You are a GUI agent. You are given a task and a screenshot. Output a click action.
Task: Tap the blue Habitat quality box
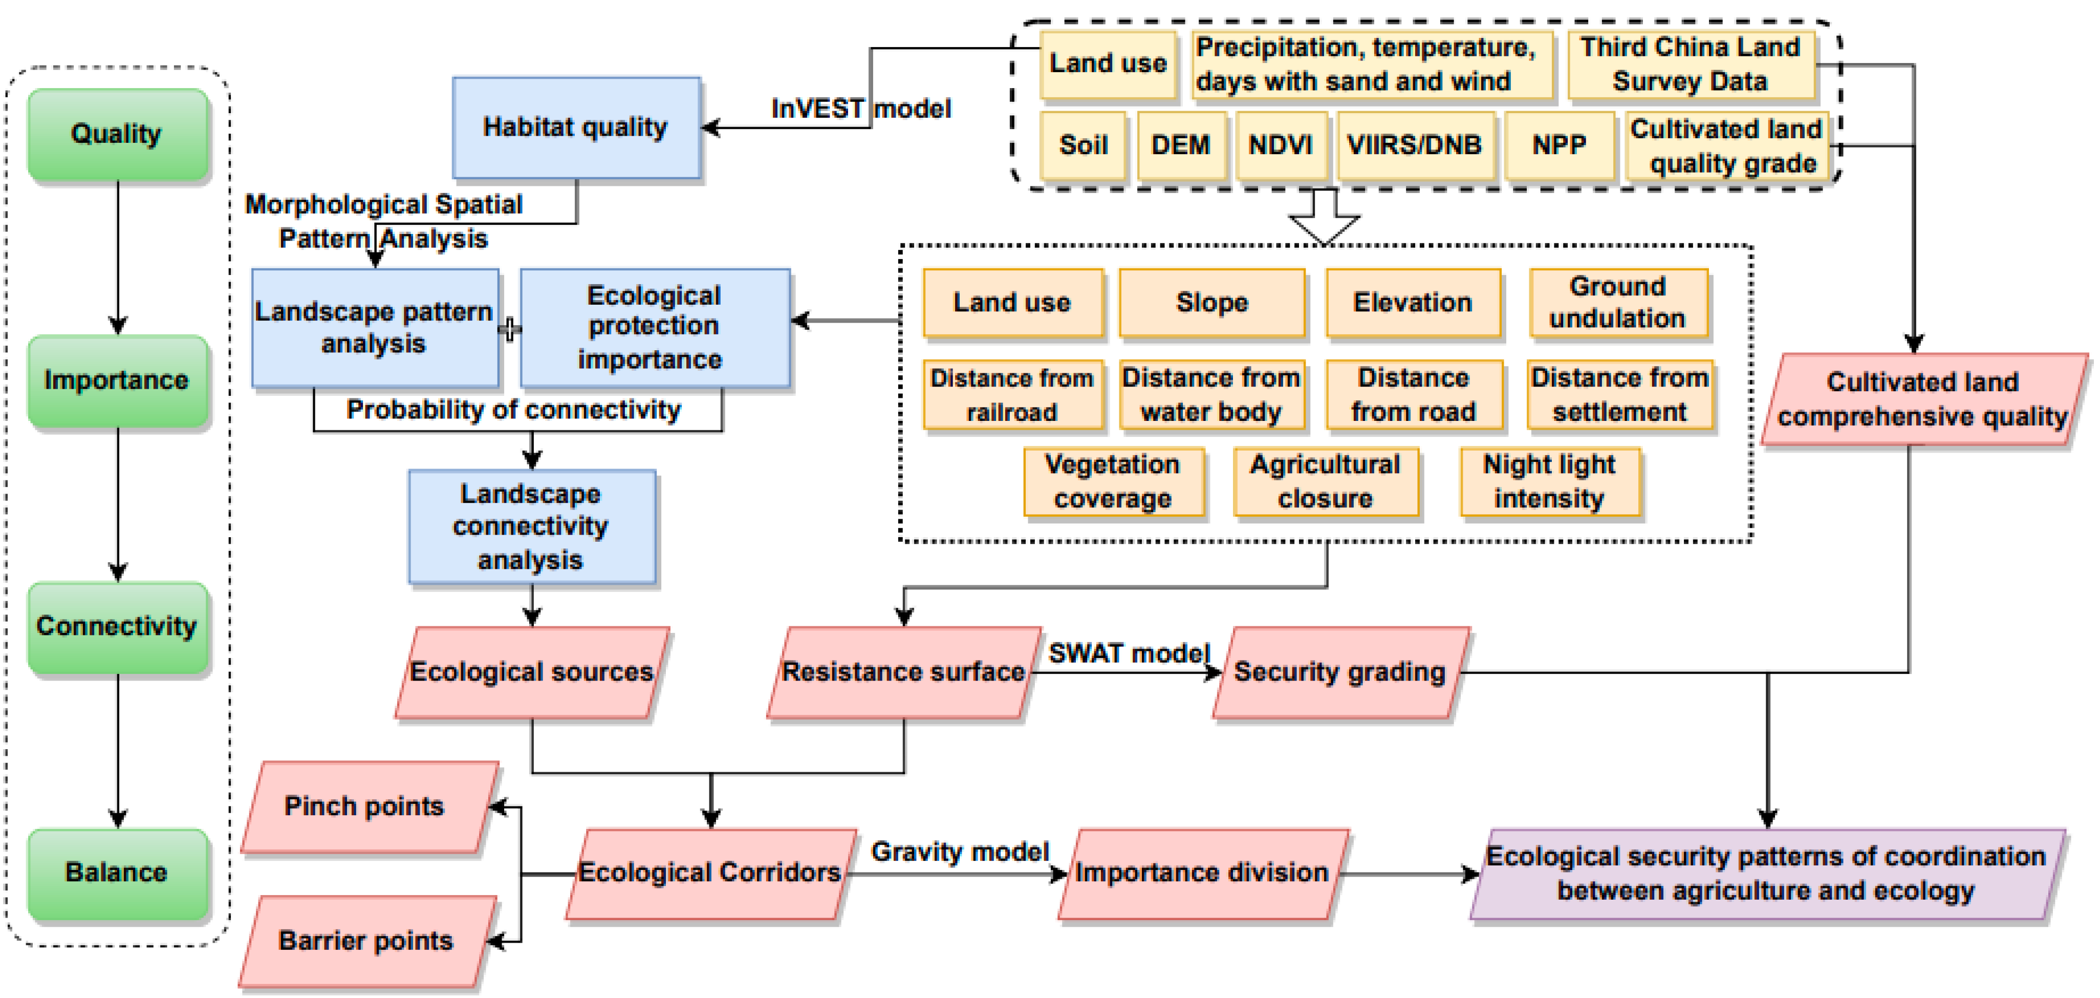point(576,127)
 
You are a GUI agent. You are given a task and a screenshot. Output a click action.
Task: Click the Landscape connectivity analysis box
point(531,527)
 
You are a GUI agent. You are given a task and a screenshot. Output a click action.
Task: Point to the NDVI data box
point(1280,145)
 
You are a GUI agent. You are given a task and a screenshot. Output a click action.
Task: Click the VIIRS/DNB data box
point(1414,145)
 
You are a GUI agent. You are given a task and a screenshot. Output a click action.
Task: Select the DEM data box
point(1180,145)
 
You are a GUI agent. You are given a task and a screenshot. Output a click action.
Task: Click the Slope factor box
point(1211,303)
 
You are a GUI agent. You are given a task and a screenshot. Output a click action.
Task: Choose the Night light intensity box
point(1549,481)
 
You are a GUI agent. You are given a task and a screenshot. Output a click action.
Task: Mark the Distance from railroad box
point(1012,395)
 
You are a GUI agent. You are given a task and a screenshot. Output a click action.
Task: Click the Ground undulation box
point(1617,303)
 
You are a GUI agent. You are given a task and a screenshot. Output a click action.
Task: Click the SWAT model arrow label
point(1128,653)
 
